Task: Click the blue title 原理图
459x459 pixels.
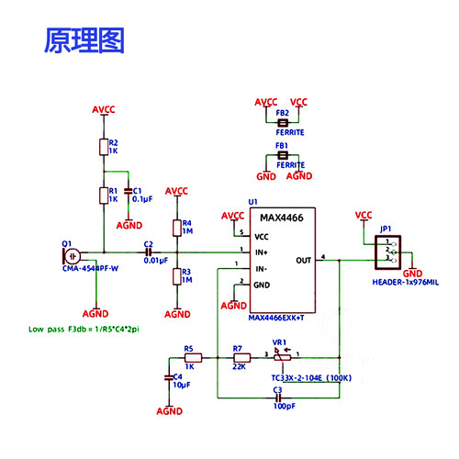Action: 84,39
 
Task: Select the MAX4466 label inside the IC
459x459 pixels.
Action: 283,217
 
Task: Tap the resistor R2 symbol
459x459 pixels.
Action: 104,147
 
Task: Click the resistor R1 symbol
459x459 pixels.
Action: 104,195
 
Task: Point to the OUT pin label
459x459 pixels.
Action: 304,260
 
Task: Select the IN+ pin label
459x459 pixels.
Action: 263,252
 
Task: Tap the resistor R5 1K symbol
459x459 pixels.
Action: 193,358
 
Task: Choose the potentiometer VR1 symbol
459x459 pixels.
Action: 283,358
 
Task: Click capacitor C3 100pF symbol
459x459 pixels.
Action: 276,397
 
